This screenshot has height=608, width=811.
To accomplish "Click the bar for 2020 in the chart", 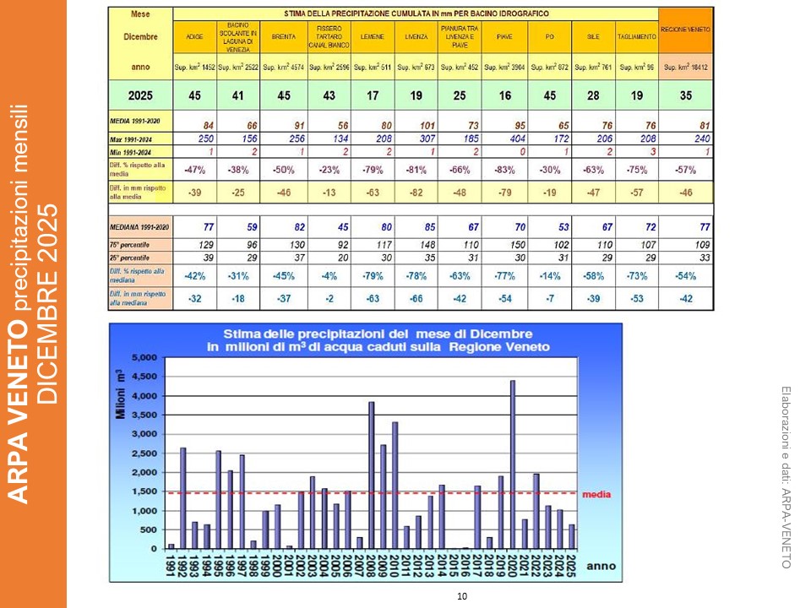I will point(513,464).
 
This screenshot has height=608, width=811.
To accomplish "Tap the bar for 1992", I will point(183,497).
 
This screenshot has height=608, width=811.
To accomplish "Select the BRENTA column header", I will point(284,37).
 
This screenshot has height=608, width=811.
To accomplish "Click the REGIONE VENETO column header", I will point(685,30).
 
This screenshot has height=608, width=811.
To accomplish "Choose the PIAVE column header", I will point(505,37).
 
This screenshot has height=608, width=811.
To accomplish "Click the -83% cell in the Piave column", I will point(505,170).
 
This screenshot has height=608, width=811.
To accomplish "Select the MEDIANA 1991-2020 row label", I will point(139,226).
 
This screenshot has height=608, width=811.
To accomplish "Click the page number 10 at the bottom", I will point(461,597).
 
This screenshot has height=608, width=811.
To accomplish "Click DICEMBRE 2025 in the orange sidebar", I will point(47,304).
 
